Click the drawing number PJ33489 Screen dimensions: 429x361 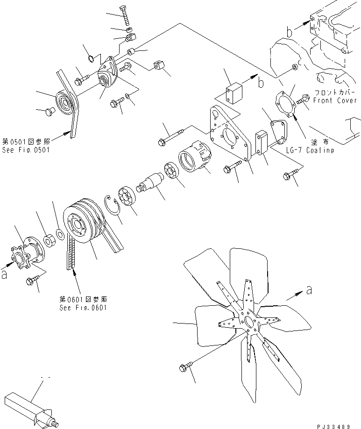click(x=339, y=425)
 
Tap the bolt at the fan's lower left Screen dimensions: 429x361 click(x=184, y=368)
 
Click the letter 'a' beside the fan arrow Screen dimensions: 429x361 click(x=309, y=290)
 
